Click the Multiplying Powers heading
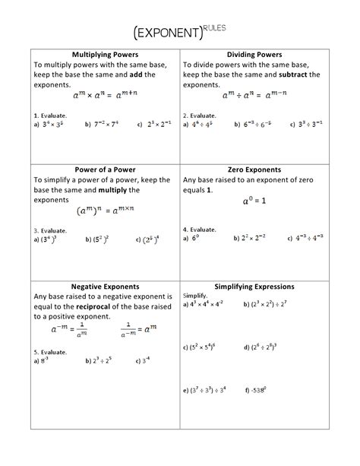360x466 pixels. [104, 55]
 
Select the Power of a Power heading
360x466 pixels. [104, 170]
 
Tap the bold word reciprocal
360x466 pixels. [96, 306]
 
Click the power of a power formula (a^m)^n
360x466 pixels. [104, 211]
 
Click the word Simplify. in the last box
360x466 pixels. [195, 295]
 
